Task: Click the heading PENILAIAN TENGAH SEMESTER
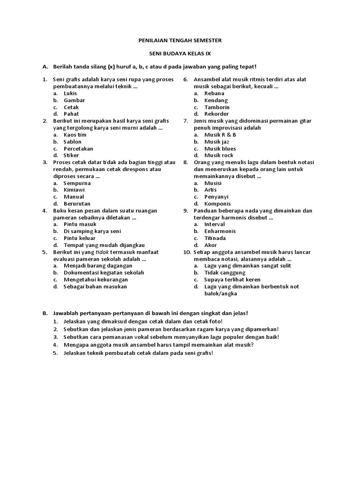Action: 180,41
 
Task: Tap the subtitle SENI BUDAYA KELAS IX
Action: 180,54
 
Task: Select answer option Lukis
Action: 70,93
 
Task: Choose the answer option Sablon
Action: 73,142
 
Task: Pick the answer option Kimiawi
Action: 74,190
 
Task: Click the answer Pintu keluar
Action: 79,238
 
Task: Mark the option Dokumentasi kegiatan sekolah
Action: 104,272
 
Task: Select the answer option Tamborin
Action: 217,107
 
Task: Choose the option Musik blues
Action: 220,149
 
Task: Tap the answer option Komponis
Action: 217,204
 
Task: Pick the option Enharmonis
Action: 220,231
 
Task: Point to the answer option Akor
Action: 210,245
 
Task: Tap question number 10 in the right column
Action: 186,252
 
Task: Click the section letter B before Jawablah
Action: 45,313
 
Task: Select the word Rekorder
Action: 217,114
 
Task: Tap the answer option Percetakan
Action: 78,149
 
